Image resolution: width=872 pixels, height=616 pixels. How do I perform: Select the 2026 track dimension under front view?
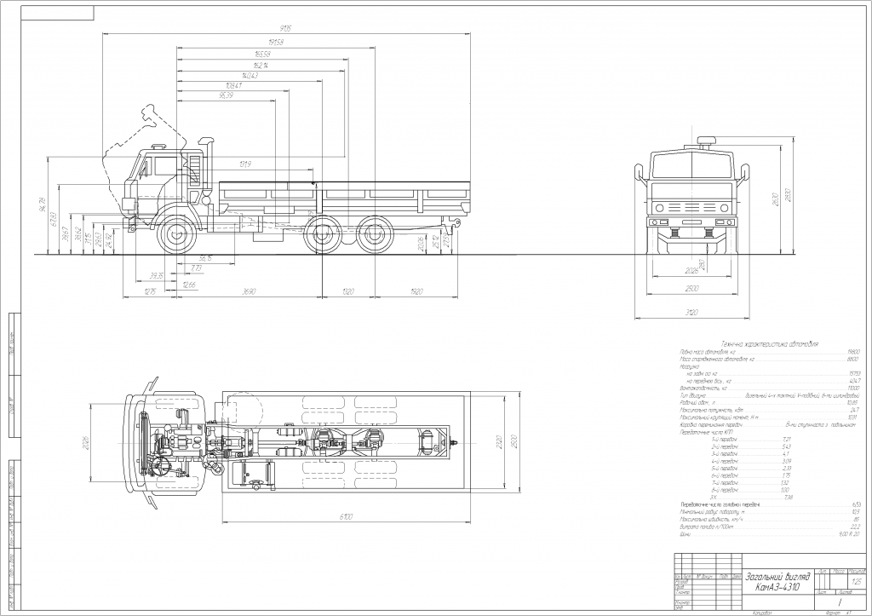pyautogui.click(x=691, y=272)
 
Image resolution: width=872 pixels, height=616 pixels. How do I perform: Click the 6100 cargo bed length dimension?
pyautogui.click(x=344, y=517)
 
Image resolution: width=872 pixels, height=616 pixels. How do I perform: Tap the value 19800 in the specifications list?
pyautogui.click(x=853, y=352)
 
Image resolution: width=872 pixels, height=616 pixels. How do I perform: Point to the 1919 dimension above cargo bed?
pyautogui.click(x=246, y=164)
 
